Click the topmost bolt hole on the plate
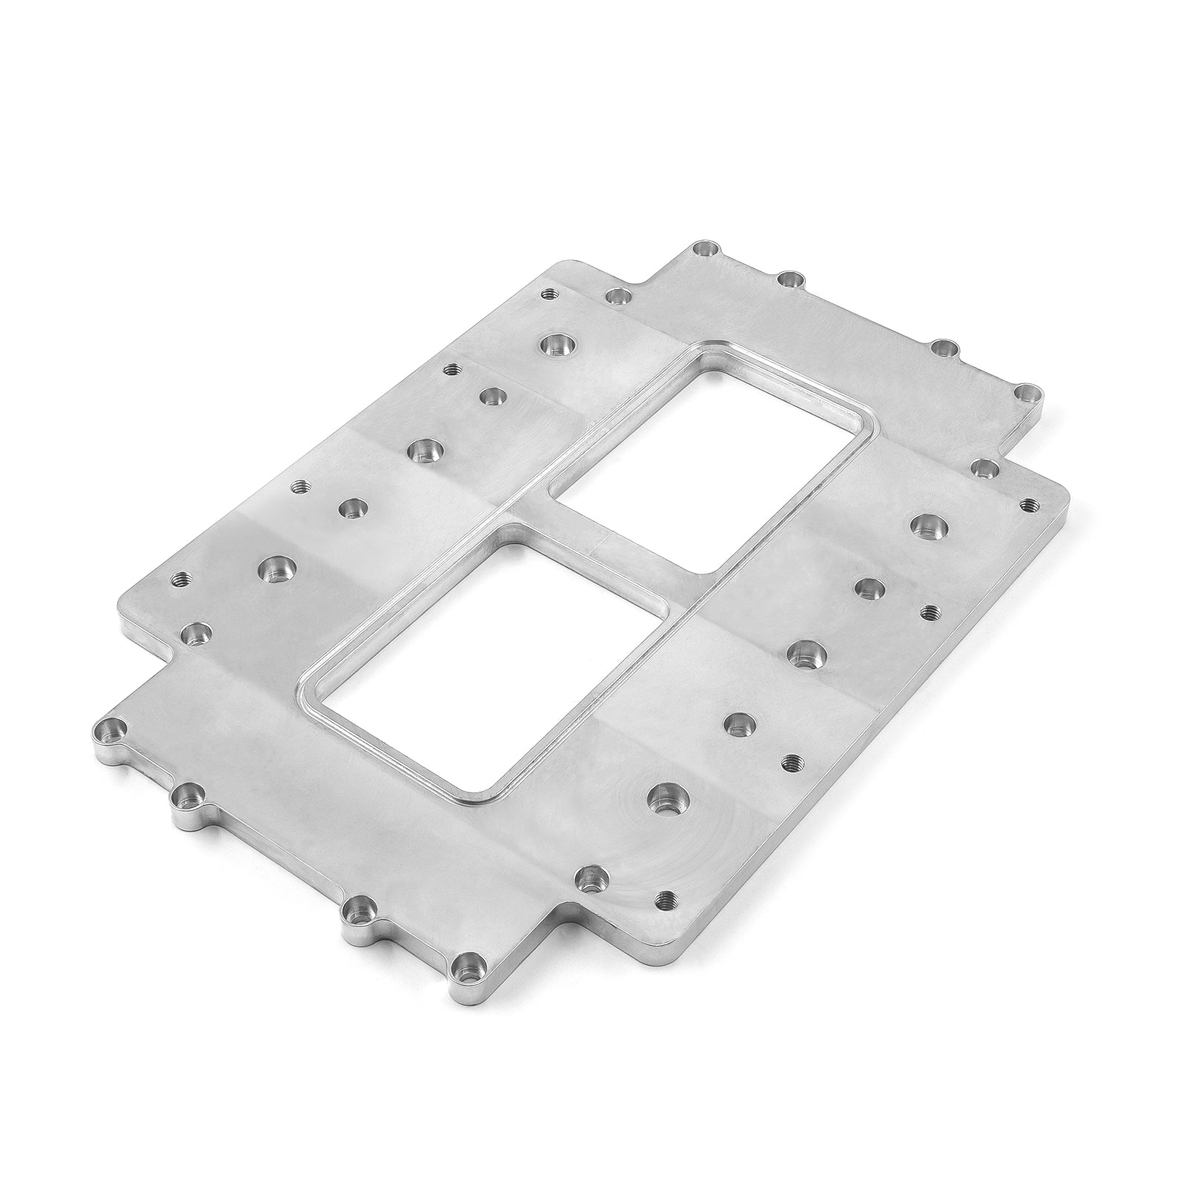pos(706,250)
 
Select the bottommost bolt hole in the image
pos(466,964)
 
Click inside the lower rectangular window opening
pos(474,667)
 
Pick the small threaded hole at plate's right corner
pos(1027,504)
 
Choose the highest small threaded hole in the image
pos(549,294)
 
